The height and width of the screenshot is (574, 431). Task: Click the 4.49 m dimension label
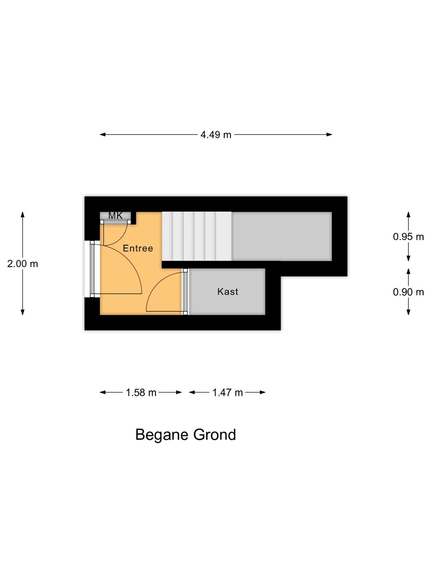(x=215, y=135)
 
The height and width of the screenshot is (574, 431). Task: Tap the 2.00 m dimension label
(x=22, y=264)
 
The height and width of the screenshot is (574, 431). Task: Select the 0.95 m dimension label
(x=408, y=237)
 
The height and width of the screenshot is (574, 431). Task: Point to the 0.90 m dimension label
(x=408, y=292)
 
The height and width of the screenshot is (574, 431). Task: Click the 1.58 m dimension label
(x=141, y=393)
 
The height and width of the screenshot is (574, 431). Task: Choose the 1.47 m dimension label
(x=227, y=393)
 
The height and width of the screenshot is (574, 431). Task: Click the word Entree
(x=138, y=248)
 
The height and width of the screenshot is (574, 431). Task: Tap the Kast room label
(x=227, y=291)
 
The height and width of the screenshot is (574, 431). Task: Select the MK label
(x=115, y=216)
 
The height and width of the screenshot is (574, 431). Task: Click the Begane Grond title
(x=186, y=435)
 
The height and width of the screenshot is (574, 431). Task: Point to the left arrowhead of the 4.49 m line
(x=103, y=135)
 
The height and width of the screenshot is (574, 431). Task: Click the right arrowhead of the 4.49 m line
(x=329, y=135)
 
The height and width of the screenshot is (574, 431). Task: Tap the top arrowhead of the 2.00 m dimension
(x=22, y=214)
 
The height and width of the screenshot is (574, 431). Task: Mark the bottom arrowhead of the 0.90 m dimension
(x=408, y=312)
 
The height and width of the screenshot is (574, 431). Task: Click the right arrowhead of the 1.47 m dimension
(x=263, y=392)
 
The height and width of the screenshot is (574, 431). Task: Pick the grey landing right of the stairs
(x=282, y=236)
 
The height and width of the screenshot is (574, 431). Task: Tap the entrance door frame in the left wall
(x=92, y=269)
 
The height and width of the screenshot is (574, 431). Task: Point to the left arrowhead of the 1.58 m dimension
(x=103, y=392)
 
